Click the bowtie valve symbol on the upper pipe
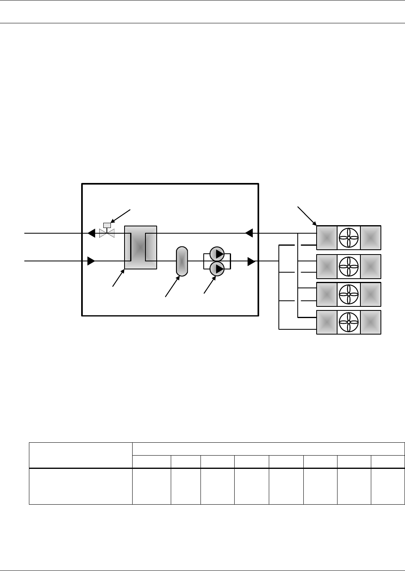click(x=107, y=233)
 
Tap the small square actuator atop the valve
click(x=107, y=225)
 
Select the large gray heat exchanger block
click(x=140, y=247)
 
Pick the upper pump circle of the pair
click(x=217, y=254)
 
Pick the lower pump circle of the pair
click(x=217, y=269)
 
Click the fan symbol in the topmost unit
click(x=348, y=237)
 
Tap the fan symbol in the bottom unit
click(x=348, y=322)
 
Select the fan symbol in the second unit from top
click(x=348, y=266)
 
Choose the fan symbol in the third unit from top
click(x=348, y=294)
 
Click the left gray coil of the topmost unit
click(x=327, y=237)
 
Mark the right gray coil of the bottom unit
click(x=370, y=322)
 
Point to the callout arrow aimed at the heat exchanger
click(x=119, y=278)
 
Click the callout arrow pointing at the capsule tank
click(x=172, y=286)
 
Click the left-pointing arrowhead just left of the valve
click(x=92, y=233)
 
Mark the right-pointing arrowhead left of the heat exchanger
click(x=91, y=261)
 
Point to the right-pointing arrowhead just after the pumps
click(x=252, y=261)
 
